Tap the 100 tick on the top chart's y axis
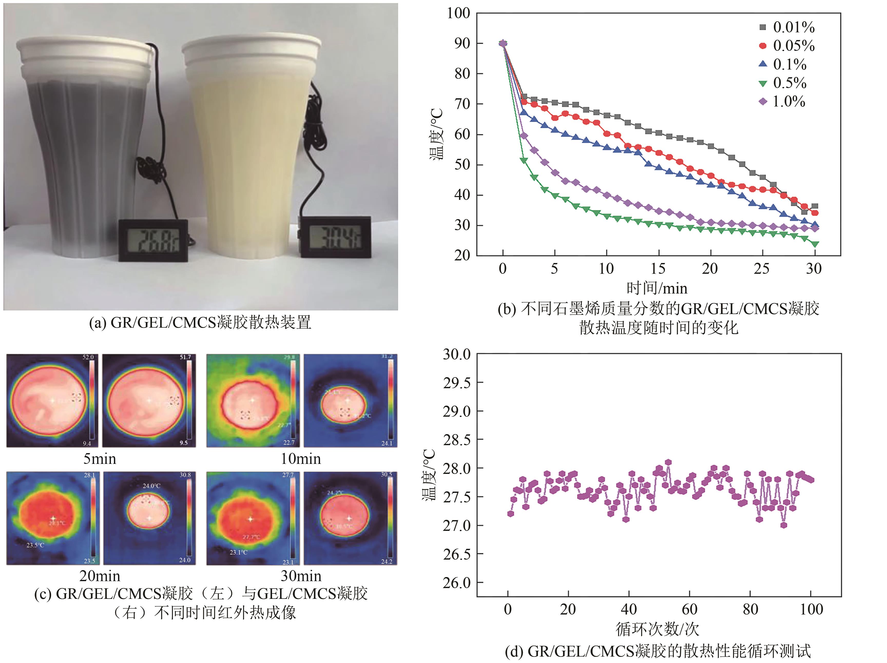pyautogui.click(x=458, y=13)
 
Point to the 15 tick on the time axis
pyautogui.click(x=658, y=269)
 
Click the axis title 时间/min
pyautogui.click(x=657, y=288)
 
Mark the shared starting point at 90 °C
pyautogui.click(x=503, y=43)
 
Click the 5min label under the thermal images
pyautogui.click(x=100, y=459)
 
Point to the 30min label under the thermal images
pyautogui.click(x=301, y=576)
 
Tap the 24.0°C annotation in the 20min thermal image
pyautogui.click(x=152, y=486)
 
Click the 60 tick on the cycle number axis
pyautogui.click(x=689, y=610)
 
